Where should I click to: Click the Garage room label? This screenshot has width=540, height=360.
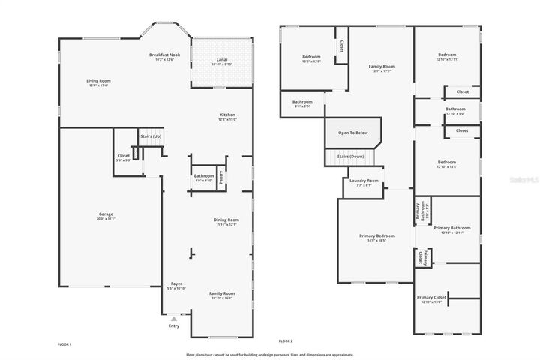pyautogui.click(x=106, y=214)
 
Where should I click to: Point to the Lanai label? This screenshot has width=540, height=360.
pyautogui.click(x=222, y=60)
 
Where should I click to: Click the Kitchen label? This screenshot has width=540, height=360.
pyautogui.click(x=227, y=115)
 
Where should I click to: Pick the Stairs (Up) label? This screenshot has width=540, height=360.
pyautogui.click(x=151, y=136)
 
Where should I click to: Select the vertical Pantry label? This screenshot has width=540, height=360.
pyautogui.click(x=221, y=177)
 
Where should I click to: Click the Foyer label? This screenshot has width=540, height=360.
pyautogui.click(x=176, y=284)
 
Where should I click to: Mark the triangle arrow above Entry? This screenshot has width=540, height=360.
pyautogui.click(x=174, y=319)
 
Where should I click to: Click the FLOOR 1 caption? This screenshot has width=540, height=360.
pyautogui.click(x=64, y=343)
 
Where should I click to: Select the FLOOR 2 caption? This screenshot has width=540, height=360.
pyautogui.click(x=286, y=340)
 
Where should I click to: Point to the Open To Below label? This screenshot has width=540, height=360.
pyautogui.click(x=352, y=133)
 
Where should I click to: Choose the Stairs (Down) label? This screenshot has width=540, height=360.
pyautogui.click(x=351, y=157)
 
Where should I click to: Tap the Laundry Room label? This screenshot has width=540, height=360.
pyautogui.click(x=364, y=181)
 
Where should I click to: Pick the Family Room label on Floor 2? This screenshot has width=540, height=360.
pyautogui.click(x=381, y=67)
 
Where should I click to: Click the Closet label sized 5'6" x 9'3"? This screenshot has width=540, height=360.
pyautogui.click(x=124, y=157)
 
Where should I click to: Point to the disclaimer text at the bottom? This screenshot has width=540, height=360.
pyautogui.click(x=270, y=354)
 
